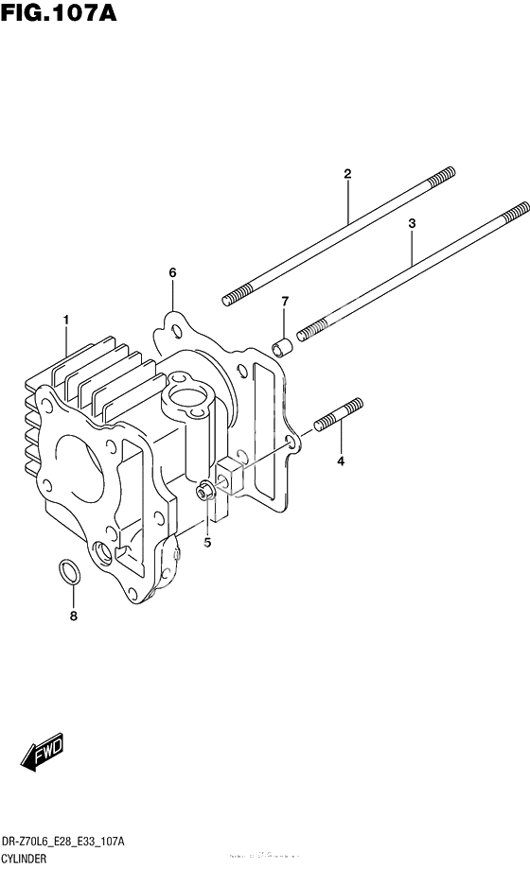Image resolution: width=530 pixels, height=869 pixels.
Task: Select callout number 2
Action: pos(347,173)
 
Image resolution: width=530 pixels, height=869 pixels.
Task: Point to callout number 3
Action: pos(412,223)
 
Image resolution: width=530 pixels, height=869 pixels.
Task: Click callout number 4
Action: pos(341,461)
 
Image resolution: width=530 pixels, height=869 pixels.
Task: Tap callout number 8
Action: pos(74,617)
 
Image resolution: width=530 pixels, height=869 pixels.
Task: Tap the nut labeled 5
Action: pos(204,492)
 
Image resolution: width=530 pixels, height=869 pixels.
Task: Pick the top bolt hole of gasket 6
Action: pos(173,331)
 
